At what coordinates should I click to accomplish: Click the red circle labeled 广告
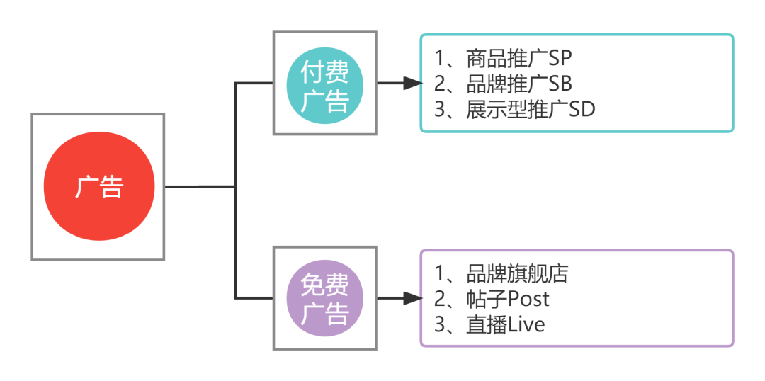[98, 186]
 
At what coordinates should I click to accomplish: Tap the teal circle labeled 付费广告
[325, 84]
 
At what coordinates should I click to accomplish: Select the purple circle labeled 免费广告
[325, 298]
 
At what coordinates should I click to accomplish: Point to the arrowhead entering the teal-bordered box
[412, 84]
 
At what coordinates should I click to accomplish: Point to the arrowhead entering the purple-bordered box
[412, 298]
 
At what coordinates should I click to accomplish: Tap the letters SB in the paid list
[560, 84]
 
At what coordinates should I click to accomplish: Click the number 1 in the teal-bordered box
[440, 57]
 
